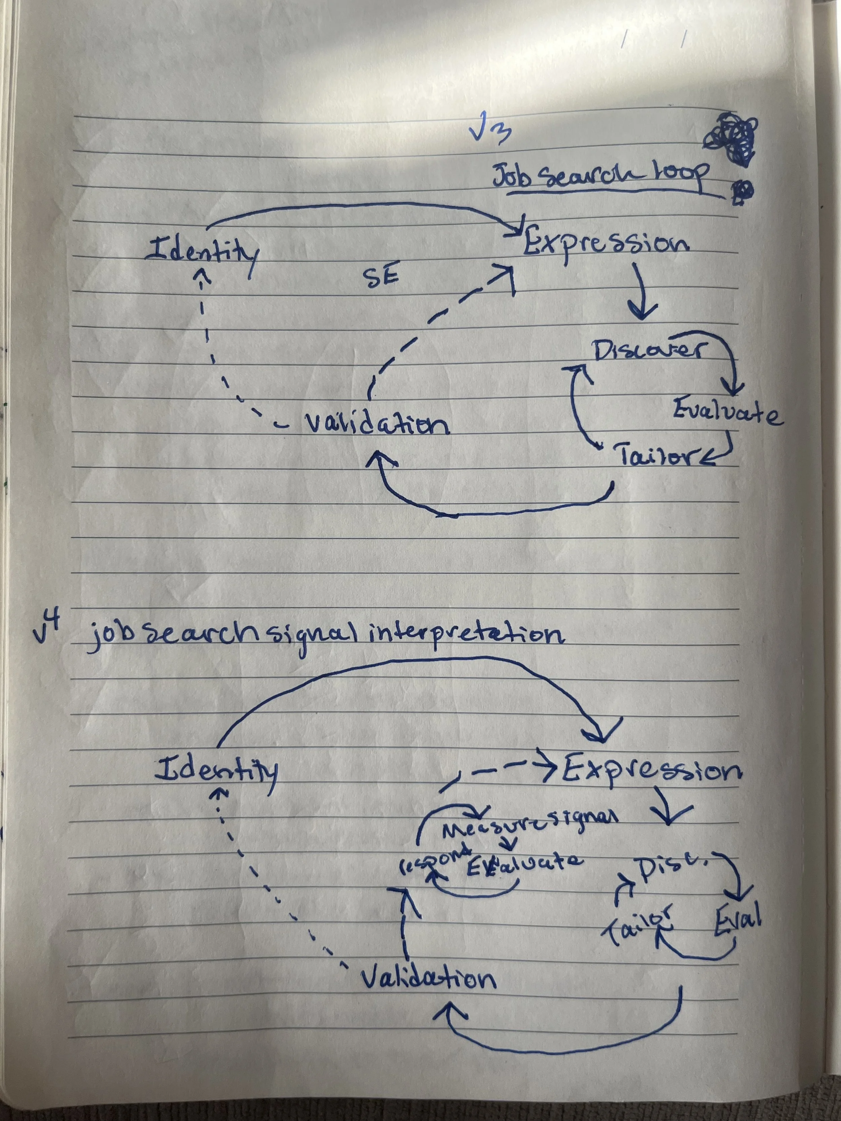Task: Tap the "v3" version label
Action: tap(489, 134)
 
